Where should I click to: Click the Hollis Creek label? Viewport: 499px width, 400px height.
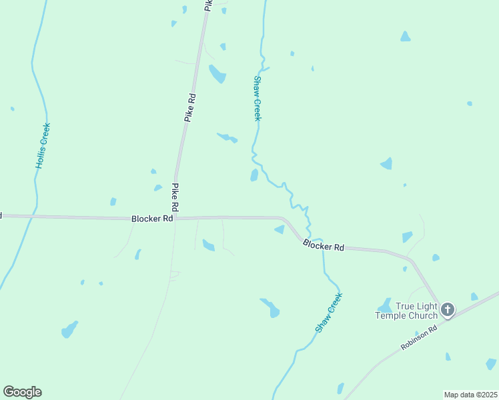(43, 145)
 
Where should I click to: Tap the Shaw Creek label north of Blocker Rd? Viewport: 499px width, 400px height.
(257, 98)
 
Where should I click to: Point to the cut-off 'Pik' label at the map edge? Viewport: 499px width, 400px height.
(208, 5)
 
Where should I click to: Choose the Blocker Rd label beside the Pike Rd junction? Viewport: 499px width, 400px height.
(152, 218)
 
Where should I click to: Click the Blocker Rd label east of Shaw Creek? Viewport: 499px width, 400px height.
(324, 245)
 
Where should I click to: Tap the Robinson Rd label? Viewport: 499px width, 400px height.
(419, 338)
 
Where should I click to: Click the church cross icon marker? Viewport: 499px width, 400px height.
(447, 310)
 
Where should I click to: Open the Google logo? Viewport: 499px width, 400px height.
(22, 392)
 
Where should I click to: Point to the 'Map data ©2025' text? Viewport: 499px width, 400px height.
(470, 395)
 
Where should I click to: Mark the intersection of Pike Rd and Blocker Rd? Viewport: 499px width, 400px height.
(175, 218)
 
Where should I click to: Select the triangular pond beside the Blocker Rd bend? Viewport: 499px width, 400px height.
(280, 230)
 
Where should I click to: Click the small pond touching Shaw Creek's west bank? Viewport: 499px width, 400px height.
(254, 175)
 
